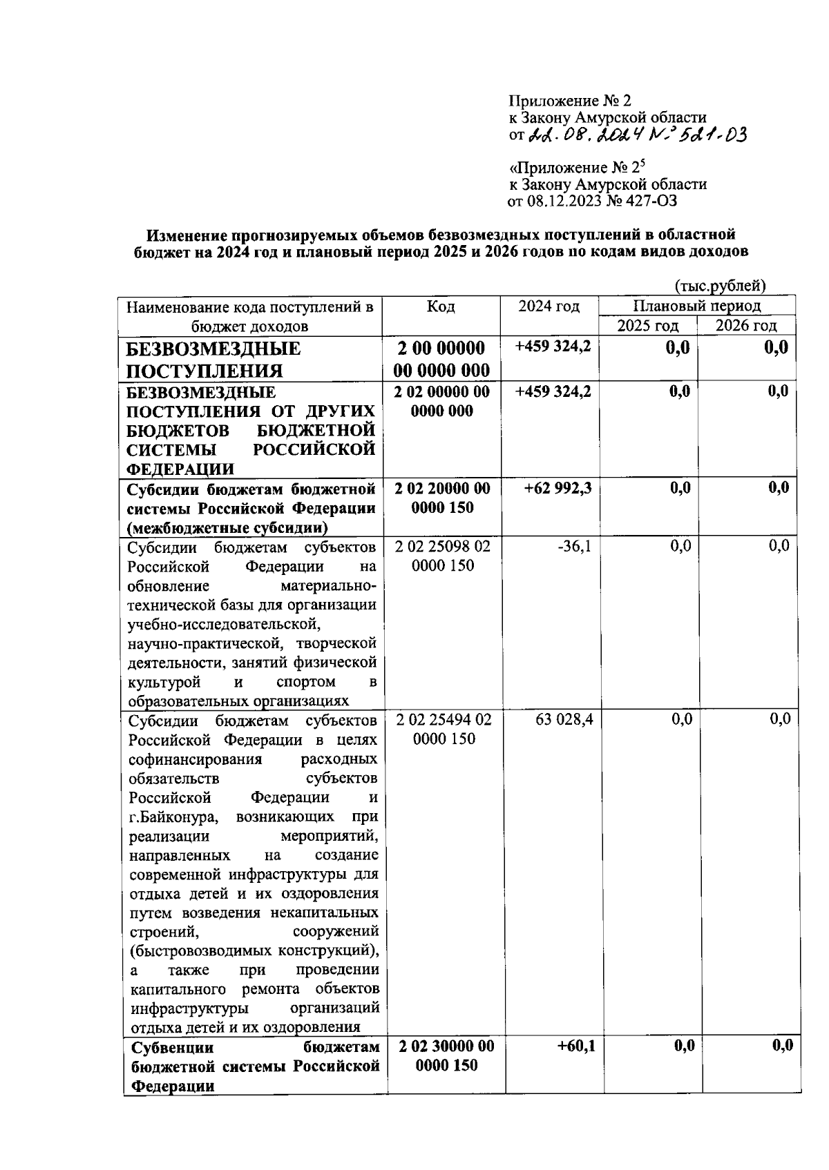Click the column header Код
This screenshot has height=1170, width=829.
(441, 306)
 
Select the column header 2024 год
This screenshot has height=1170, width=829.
(549, 306)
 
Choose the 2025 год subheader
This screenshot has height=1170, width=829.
(647, 326)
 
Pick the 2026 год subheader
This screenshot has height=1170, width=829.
(746, 326)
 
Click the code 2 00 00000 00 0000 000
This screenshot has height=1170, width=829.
(441, 358)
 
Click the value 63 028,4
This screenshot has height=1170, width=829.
(564, 720)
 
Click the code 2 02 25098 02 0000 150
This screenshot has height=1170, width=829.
(442, 556)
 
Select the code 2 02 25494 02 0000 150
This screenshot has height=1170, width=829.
(444, 730)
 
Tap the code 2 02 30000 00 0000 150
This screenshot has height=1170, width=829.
(446, 1056)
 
